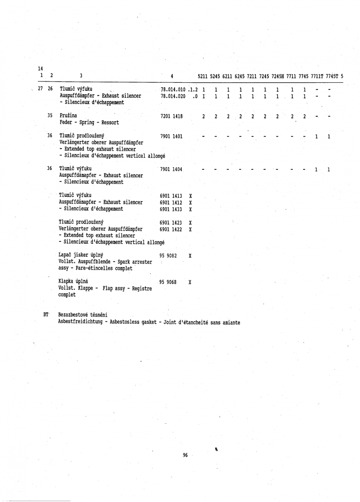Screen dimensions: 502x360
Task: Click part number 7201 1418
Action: coord(171,116)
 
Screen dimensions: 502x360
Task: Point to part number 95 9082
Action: coord(169,255)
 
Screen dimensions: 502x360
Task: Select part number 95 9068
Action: coord(169,282)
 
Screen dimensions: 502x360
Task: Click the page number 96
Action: coord(186,455)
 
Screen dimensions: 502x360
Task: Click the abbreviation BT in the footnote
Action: coord(46,314)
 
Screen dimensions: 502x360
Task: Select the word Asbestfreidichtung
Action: coord(82,322)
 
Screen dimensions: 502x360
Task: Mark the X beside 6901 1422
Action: coord(190,230)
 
